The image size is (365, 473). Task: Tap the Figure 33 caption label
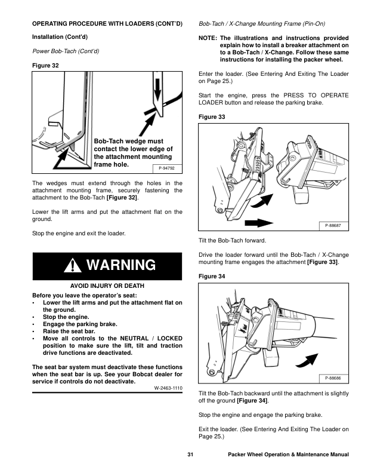[211, 117]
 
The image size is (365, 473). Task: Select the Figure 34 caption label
[211, 278]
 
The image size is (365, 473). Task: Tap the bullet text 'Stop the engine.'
[66, 317]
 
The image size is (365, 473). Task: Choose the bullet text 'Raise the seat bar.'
[69, 331]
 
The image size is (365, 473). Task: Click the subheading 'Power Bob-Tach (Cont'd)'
[65, 51]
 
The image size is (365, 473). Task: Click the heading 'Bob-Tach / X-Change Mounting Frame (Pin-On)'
[262, 24]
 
